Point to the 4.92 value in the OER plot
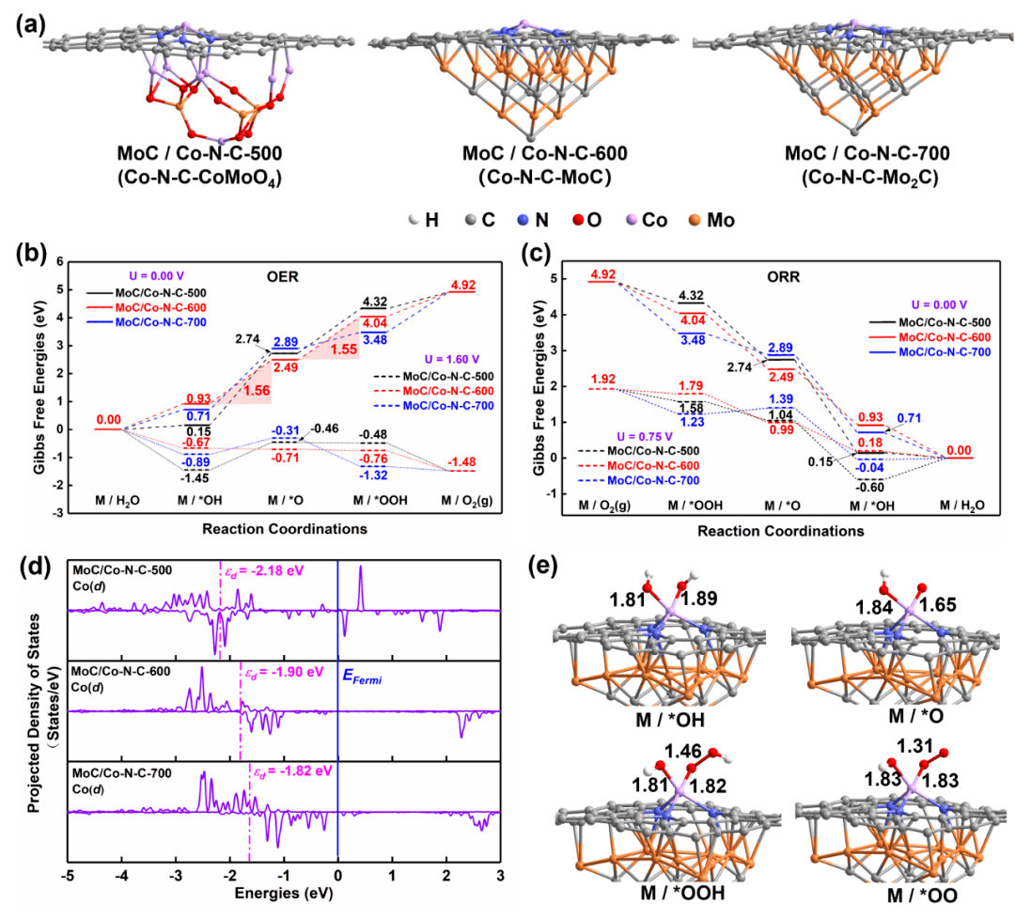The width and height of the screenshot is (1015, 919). [466, 282]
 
